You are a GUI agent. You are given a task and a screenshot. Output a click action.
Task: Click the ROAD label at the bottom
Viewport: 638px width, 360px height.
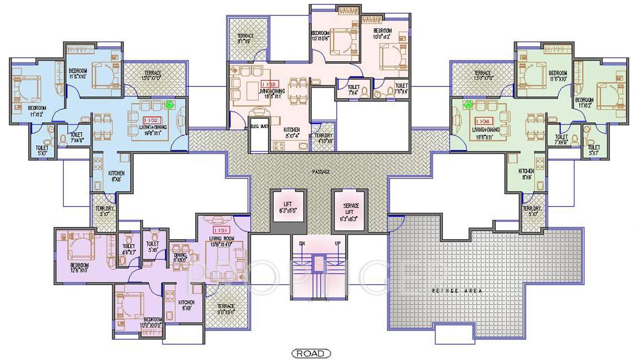310,354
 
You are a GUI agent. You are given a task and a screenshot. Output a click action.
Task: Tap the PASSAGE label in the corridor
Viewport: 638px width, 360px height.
321,171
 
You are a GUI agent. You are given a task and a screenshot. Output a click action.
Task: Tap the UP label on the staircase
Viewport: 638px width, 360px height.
338,244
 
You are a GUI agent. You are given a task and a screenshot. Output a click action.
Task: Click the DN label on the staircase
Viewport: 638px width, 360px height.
302,244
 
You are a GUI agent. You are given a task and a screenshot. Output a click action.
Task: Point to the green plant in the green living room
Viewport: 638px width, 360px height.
468,104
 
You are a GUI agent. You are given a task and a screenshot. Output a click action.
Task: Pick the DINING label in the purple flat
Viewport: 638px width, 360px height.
180,255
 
